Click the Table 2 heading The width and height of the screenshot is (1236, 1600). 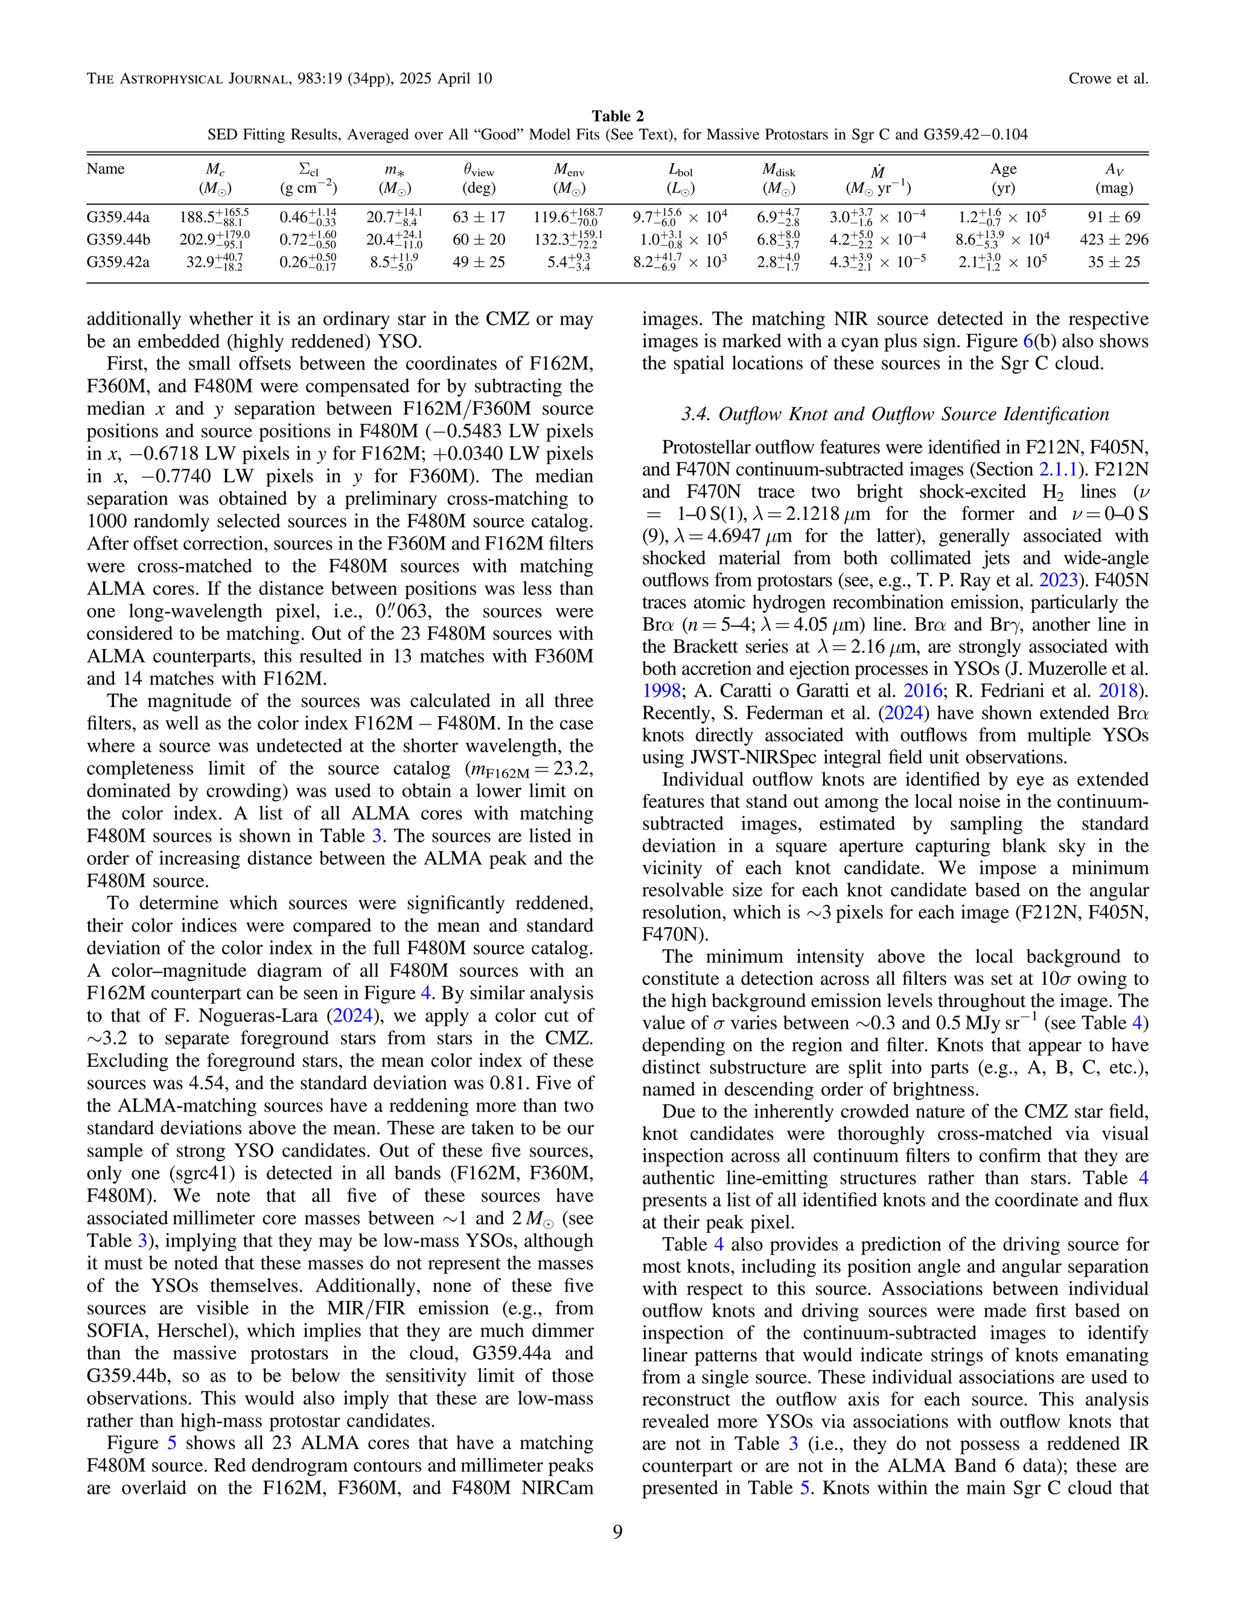[x=617, y=116]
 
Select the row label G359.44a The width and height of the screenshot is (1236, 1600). [x=118, y=217]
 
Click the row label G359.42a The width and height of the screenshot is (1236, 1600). [x=118, y=261]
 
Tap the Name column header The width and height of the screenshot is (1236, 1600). [x=106, y=169]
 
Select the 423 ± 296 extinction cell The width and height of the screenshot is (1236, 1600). [x=1113, y=240]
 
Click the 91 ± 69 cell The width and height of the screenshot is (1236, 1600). [x=1113, y=217]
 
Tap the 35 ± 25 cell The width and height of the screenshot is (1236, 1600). [x=1113, y=261]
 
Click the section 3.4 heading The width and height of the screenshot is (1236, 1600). [x=895, y=415]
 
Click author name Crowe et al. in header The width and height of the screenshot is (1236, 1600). [x=1108, y=78]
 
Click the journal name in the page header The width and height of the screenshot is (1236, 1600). [x=288, y=78]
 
